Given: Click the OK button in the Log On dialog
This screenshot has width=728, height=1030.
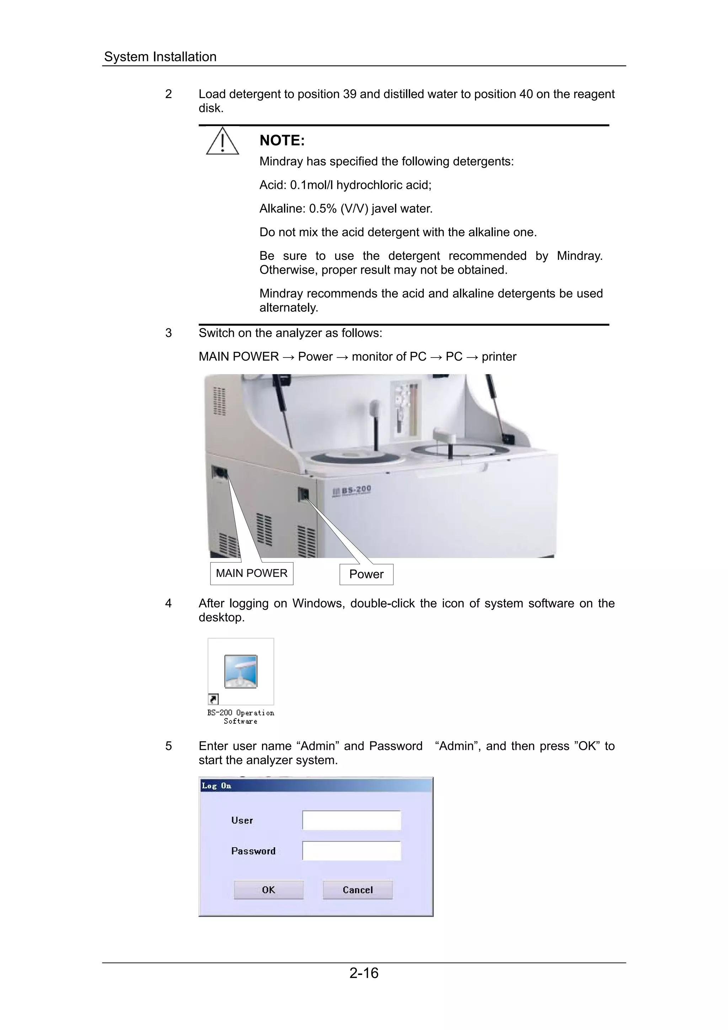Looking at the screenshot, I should (268, 890).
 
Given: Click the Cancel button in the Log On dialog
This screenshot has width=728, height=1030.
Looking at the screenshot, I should (358, 890).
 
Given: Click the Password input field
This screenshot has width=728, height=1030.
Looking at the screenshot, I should (351, 851).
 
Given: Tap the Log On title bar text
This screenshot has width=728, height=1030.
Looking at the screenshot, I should (216, 785).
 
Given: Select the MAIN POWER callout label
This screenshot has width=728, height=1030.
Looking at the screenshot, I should (252, 573).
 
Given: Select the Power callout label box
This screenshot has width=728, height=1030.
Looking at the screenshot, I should (366, 574).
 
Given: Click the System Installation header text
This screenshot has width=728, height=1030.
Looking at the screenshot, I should (160, 57).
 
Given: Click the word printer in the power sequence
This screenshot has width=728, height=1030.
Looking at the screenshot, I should (499, 356).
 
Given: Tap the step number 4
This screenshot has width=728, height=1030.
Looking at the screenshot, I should (168, 603).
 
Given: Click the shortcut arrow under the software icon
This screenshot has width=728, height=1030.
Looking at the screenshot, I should (213, 699).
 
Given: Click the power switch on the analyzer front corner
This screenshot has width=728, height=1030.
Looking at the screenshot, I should (304, 494).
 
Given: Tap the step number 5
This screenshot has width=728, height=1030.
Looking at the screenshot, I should (168, 746).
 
